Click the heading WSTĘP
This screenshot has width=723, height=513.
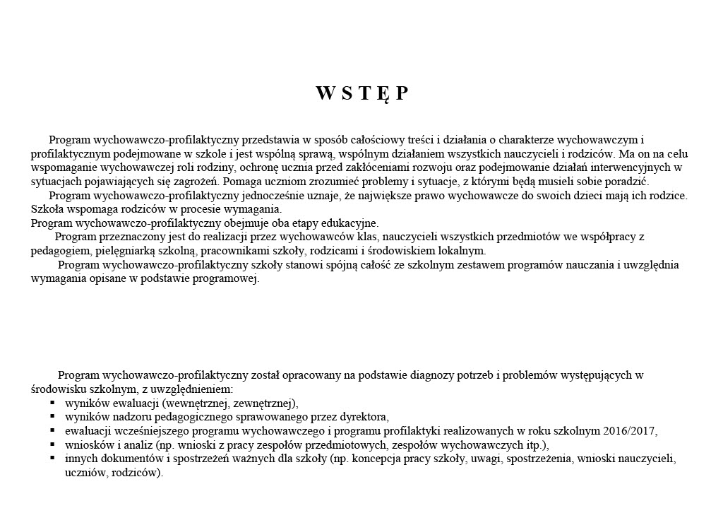click(361, 94)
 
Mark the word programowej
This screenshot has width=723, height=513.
click(229, 278)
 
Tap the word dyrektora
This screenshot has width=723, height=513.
click(363, 417)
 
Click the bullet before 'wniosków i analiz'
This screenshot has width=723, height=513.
click(52, 444)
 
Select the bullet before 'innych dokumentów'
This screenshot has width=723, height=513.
click(52, 459)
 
